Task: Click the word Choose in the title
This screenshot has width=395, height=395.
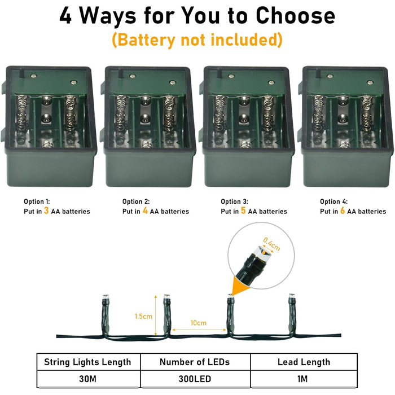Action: (x=295, y=15)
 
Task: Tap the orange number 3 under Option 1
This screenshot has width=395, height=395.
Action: (x=46, y=210)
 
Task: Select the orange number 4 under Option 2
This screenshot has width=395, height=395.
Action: (x=145, y=210)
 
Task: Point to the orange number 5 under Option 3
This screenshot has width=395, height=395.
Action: (x=243, y=210)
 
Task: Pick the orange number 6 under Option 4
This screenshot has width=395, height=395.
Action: (x=343, y=210)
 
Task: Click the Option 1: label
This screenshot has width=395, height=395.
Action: (x=37, y=201)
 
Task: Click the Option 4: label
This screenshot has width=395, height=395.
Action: (x=333, y=201)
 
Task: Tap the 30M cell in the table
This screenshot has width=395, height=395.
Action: (x=87, y=379)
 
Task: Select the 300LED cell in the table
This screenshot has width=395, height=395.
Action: (x=195, y=379)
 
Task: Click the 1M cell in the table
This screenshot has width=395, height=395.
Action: (x=302, y=379)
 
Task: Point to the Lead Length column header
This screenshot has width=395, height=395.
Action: (x=304, y=362)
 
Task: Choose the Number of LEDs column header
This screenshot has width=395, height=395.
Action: (x=195, y=362)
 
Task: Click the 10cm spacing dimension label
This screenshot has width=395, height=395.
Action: (x=199, y=323)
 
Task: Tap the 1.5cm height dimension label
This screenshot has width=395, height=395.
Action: (x=143, y=316)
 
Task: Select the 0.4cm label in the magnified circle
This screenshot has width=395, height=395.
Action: (x=271, y=244)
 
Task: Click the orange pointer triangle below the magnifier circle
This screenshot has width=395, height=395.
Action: (x=238, y=286)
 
